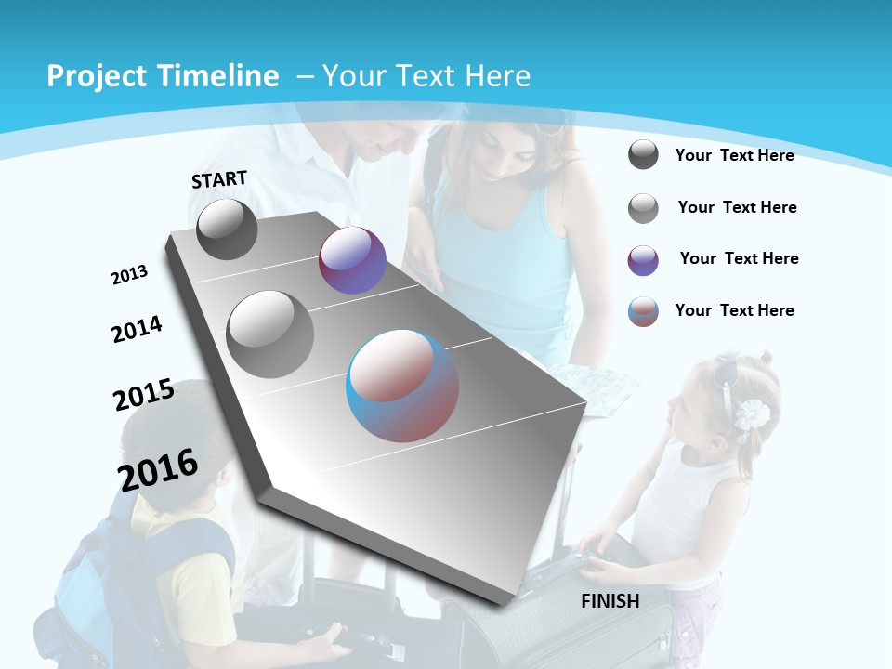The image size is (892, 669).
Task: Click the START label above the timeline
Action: pyautogui.click(x=219, y=179)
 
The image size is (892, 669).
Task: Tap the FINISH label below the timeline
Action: pyautogui.click(x=610, y=601)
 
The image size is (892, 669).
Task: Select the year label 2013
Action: pyautogui.click(x=129, y=275)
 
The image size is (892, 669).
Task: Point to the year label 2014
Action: pyautogui.click(x=137, y=329)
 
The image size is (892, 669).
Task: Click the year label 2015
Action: pyautogui.click(x=144, y=395)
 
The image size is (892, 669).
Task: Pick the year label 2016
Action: pyautogui.click(x=158, y=469)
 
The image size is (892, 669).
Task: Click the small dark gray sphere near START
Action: pyautogui.click(x=227, y=229)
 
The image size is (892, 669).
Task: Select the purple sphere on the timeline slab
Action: pyautogui.click(x=352, y=260)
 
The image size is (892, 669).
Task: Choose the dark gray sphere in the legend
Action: pyautogui.click(x=643, y=155)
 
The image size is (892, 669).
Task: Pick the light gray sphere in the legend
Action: pyautogui.click(x=643, y=208)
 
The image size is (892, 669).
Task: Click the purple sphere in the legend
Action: pyautogui.click(x=643, y=260)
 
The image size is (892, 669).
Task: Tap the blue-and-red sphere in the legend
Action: pyautogui.click(x=643, y=311)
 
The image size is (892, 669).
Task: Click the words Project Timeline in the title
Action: pyautogui.click(x=163, y=76)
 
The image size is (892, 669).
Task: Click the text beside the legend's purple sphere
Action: pyautogui.click(x=739, y=258)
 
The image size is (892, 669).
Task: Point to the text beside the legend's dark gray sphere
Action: pyautogui.click(x=734, y=155)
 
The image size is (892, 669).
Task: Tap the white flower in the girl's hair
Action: pyautogui.click(x=751, y=414)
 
